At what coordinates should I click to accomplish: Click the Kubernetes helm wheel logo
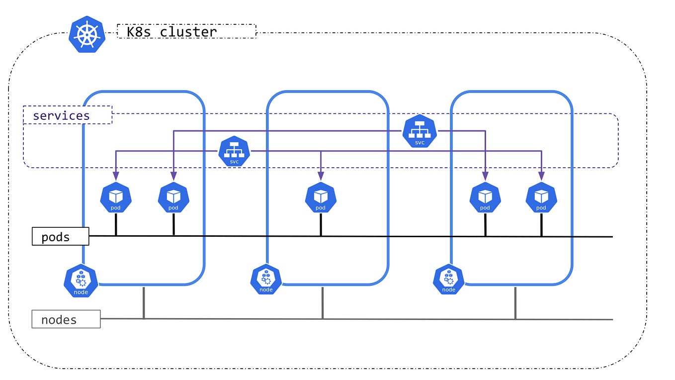click(87, 34)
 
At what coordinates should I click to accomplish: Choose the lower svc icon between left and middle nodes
click(234, 151)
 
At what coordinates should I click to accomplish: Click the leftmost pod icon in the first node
click(116, 197)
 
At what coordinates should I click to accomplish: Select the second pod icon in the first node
click(173, 197)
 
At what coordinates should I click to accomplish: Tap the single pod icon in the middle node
click(321, 197)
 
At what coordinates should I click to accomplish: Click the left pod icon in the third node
click(485, 197)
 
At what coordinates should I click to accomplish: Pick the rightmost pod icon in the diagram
click(541, 197)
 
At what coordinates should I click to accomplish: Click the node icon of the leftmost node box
click(81, 281)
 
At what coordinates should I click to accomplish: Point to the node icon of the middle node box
click(266, 280)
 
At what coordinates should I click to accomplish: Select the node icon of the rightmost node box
click(449, 280)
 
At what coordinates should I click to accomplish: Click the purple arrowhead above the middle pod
click(321, 176)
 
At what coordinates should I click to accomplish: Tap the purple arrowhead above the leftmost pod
click(116, 176)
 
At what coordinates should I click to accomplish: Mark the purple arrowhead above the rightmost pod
click(541, 176)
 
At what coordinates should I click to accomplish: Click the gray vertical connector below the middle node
click(323, 303)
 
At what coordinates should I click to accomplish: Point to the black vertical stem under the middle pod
click(321, 224)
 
